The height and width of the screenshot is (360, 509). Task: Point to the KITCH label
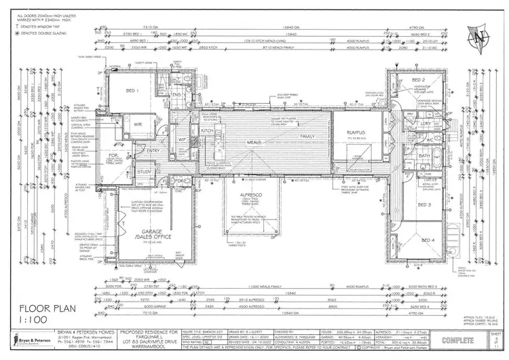[x=208, y=130]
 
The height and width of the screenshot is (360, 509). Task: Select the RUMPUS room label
[x=357, y=133]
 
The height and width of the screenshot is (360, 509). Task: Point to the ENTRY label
[x=153, y=151]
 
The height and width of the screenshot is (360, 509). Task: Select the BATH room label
[x=424, y=156]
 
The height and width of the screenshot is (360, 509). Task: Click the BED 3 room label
[x=424, y=204]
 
